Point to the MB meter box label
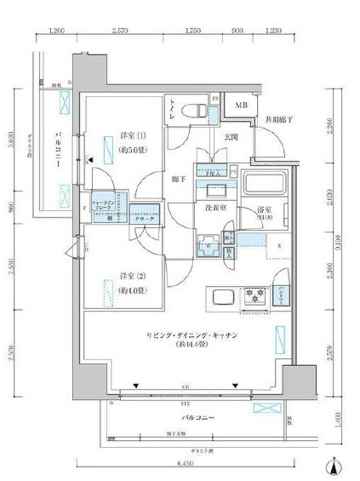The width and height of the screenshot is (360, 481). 243,106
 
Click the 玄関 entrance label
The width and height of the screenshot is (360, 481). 231,136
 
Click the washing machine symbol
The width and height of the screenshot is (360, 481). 208,247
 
